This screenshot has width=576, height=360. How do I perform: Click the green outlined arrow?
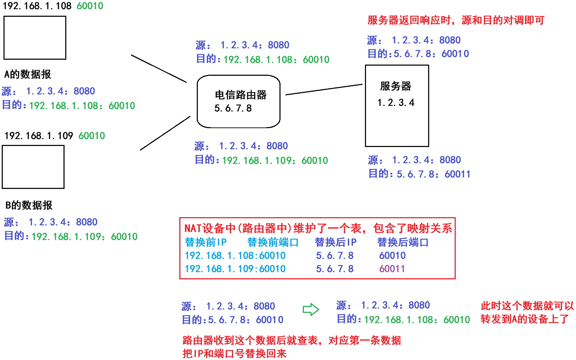311,309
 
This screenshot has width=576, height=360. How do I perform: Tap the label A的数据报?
28,74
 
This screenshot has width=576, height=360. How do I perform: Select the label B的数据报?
29,205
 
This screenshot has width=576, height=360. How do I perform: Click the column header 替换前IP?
206,242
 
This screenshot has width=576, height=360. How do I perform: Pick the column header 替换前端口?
273,242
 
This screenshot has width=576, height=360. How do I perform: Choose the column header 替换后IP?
336,242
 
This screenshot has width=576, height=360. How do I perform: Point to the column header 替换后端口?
403,242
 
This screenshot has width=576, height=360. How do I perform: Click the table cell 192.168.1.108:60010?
235,256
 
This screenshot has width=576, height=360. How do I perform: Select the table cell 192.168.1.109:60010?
235,269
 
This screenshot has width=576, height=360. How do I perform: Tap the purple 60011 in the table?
392,269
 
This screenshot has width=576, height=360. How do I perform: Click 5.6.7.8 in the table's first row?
335,256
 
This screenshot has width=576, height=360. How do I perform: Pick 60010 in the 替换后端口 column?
392,256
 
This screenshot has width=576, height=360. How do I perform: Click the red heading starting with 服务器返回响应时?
456,20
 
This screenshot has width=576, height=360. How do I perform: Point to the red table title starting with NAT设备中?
318,228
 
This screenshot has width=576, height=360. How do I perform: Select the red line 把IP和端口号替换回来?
234,354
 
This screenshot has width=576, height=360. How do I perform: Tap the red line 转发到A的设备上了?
525,319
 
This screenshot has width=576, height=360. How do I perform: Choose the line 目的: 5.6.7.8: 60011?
420,174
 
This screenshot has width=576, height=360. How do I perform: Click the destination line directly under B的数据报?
71,236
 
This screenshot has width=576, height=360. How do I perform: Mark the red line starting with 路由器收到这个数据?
292,340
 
